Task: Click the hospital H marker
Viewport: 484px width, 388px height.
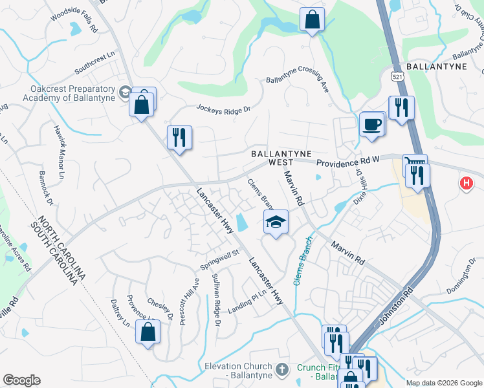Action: click(465, 184)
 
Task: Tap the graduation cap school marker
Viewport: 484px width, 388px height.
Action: click(276, 222)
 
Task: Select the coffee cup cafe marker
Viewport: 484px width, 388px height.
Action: click(371, 124)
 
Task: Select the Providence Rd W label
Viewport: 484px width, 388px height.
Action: click(348, 160)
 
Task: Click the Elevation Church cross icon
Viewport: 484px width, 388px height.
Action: click(281, 369)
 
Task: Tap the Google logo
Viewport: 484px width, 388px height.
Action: click(21, 380)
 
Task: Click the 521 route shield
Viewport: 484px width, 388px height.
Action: click(395, 76)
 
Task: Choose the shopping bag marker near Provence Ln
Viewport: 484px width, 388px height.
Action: click(148, 332)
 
